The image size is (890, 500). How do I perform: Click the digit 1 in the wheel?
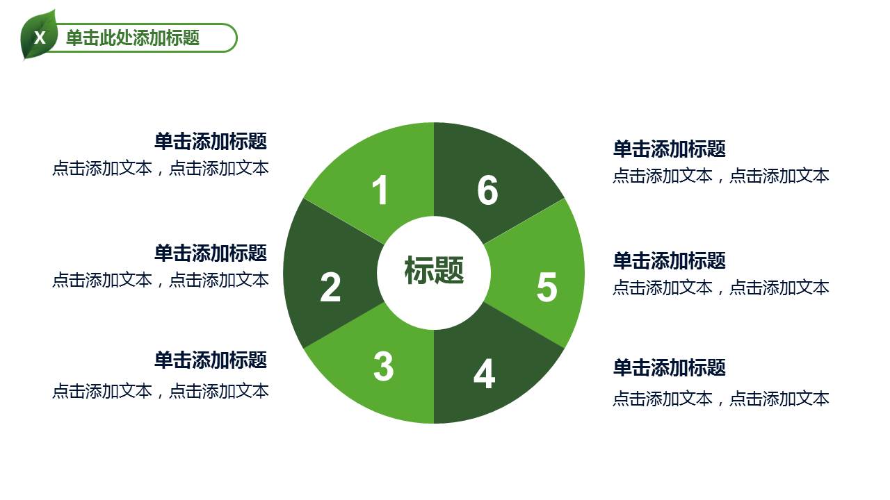[x=380, y=190]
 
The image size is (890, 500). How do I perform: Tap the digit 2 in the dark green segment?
[x=330, y=287]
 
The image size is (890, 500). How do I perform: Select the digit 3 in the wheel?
[x=383, y=366]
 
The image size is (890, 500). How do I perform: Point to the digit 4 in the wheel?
[x=484, y=374]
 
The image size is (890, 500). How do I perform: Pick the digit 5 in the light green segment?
[x=547, y=287]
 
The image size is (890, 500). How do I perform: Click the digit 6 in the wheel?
[x=487, y=190]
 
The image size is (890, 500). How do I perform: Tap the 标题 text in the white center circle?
[x=434, y=270]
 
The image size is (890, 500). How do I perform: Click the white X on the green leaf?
[x=40, y=37]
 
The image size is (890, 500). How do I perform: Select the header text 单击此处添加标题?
[x=133, y=37]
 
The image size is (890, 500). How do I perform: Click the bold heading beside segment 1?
[x=211, y=142]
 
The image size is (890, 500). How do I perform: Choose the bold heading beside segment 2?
[x=211, y=253]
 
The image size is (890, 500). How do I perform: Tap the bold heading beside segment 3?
[x=211, y=360]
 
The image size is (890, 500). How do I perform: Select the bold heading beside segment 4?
[x=669, y=367]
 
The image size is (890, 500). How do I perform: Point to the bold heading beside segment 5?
[x=669, y=260]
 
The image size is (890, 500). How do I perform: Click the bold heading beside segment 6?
[x=669, y=149]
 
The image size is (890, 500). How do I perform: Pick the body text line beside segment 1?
[x=160, y=168]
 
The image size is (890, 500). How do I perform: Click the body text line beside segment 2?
[x=160, y=280]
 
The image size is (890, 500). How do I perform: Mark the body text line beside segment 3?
[x=160, y=391]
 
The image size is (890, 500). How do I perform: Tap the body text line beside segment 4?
[x=720, y=399]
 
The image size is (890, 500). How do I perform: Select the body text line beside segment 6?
[x=720, y=176]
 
